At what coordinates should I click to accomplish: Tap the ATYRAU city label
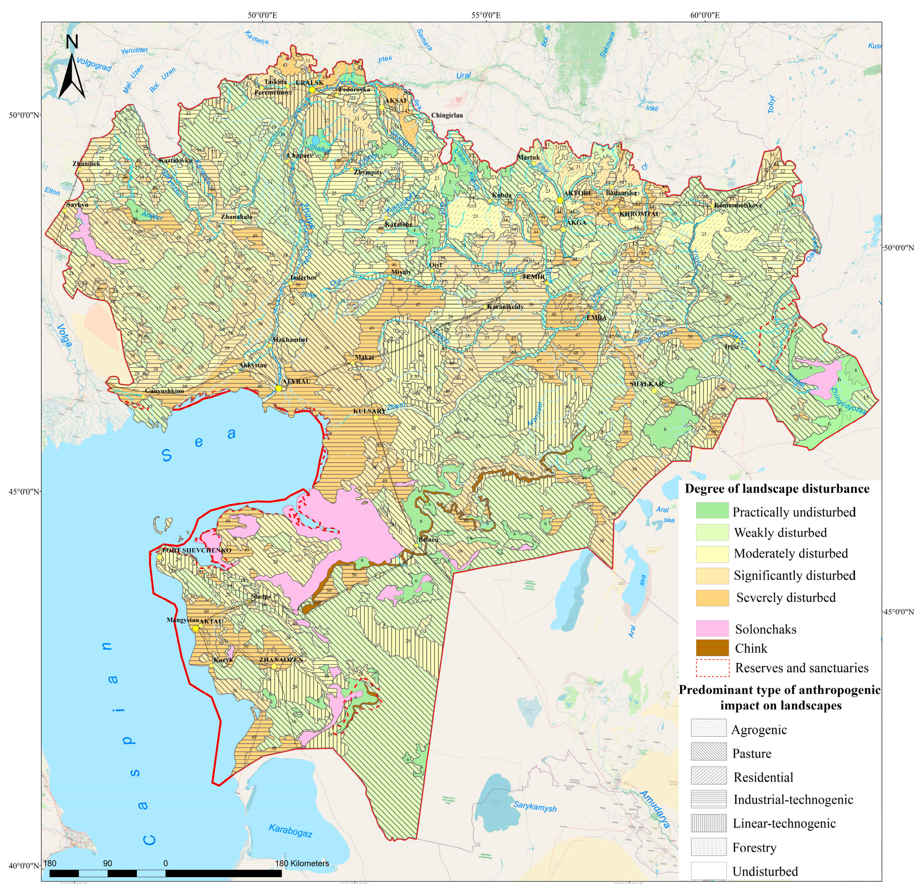(296, 381)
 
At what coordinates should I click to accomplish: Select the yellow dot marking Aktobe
(560, 200)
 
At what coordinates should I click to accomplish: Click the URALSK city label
(310, 83)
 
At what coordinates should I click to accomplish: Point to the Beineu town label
(429, 539)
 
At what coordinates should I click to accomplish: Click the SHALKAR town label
(646, 384)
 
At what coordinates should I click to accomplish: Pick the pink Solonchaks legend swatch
(712, 629)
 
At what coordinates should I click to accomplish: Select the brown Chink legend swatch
(712, 648)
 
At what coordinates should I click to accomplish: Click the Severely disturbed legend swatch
(712, 598)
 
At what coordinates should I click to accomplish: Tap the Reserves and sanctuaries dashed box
(712, 668)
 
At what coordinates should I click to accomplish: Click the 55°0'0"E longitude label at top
(486, 15)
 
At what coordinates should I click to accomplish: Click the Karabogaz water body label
(290, 830)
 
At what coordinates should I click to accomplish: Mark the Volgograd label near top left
(94, 64)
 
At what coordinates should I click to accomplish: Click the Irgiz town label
(731, 346)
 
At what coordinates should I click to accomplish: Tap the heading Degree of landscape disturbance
(777, 489)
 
